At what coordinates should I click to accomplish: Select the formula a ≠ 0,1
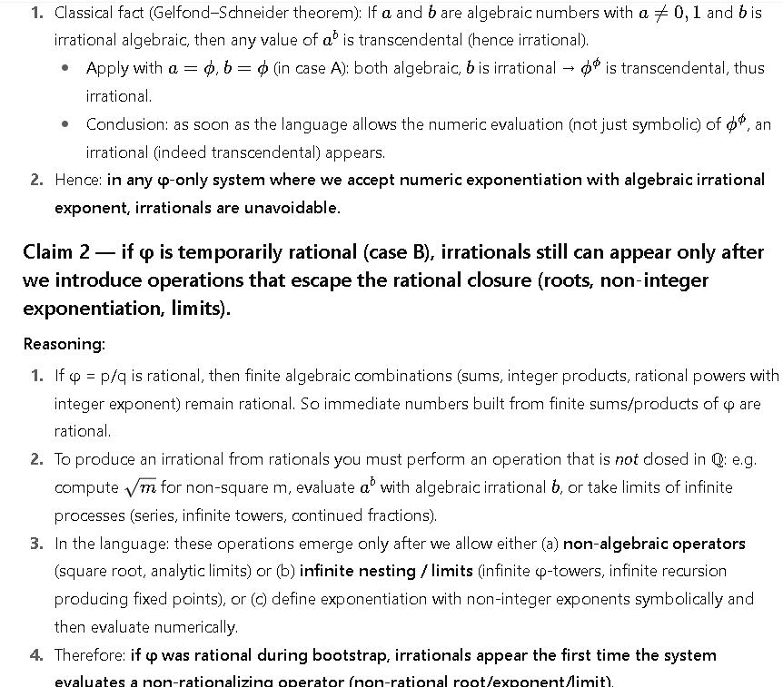tap(655, 13)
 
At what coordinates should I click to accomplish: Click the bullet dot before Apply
tap(66, 68)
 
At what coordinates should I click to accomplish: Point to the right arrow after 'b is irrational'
tap(567, 68)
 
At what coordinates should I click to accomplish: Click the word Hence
tap(77, 180)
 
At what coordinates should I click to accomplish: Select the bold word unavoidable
tap(292, 208)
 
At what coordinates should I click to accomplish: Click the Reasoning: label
tap(64, 344)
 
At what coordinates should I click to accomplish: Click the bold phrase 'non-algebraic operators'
tap(654, 544)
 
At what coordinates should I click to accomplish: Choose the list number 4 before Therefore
tap(35, 655)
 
